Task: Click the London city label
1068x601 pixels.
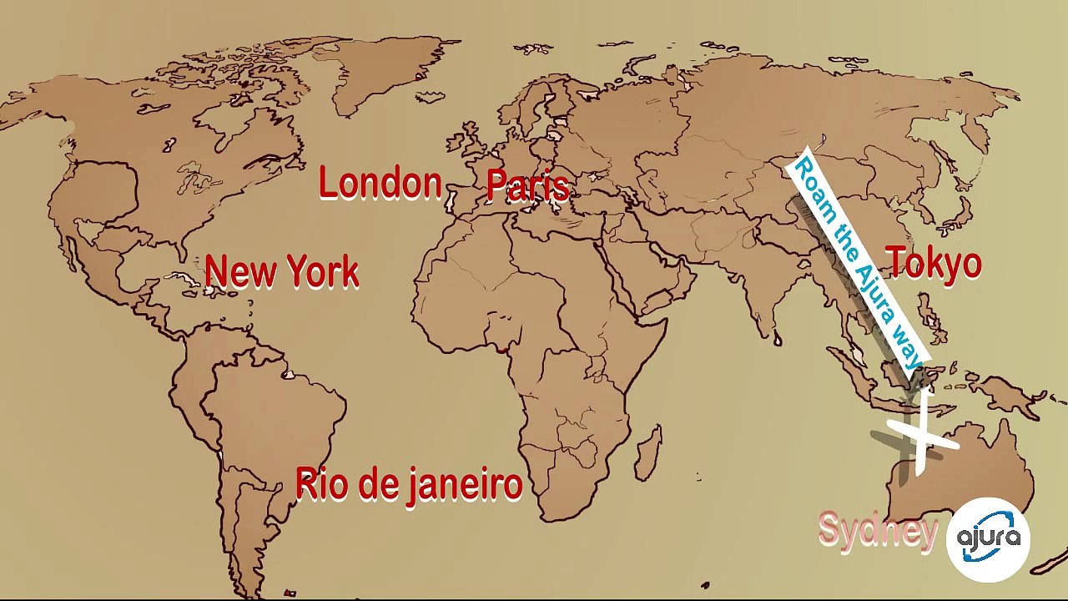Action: pos(380,184)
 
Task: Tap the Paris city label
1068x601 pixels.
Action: pos(527,185)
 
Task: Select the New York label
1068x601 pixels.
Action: pos(281,272)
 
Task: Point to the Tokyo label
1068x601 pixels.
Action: pos(934,263)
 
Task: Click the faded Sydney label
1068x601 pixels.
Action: pos(878,530)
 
